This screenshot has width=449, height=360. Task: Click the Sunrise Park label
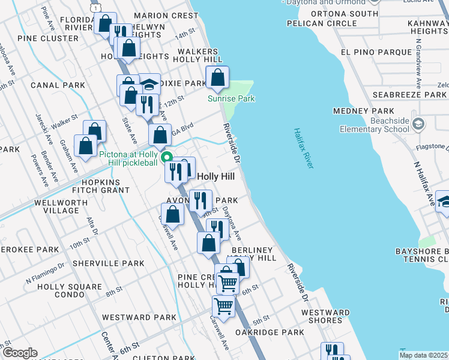coord(231,98)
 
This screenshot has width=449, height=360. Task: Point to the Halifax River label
coord(303,148)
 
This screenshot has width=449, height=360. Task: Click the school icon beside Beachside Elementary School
coord(418,124)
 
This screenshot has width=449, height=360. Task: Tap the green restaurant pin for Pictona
coord(168,158)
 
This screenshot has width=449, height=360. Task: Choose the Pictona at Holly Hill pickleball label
coord(128,158)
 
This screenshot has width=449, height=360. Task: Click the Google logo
coord(20,353)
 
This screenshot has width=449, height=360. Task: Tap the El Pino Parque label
coord(375,52)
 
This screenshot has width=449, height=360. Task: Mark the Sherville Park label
coord(108,263)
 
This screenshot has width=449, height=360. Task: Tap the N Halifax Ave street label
coord(424,184)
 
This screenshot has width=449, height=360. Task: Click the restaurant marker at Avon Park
coord(200,199)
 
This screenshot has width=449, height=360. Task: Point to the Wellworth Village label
coord(61,207)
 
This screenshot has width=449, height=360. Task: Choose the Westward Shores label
coord(325,316)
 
